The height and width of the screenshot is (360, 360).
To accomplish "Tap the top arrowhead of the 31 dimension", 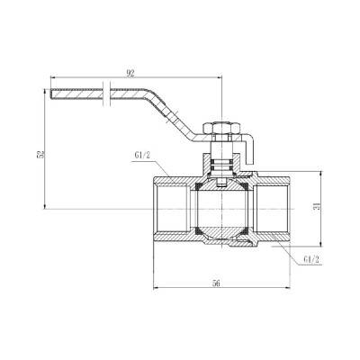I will click(x=322, y=176).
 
